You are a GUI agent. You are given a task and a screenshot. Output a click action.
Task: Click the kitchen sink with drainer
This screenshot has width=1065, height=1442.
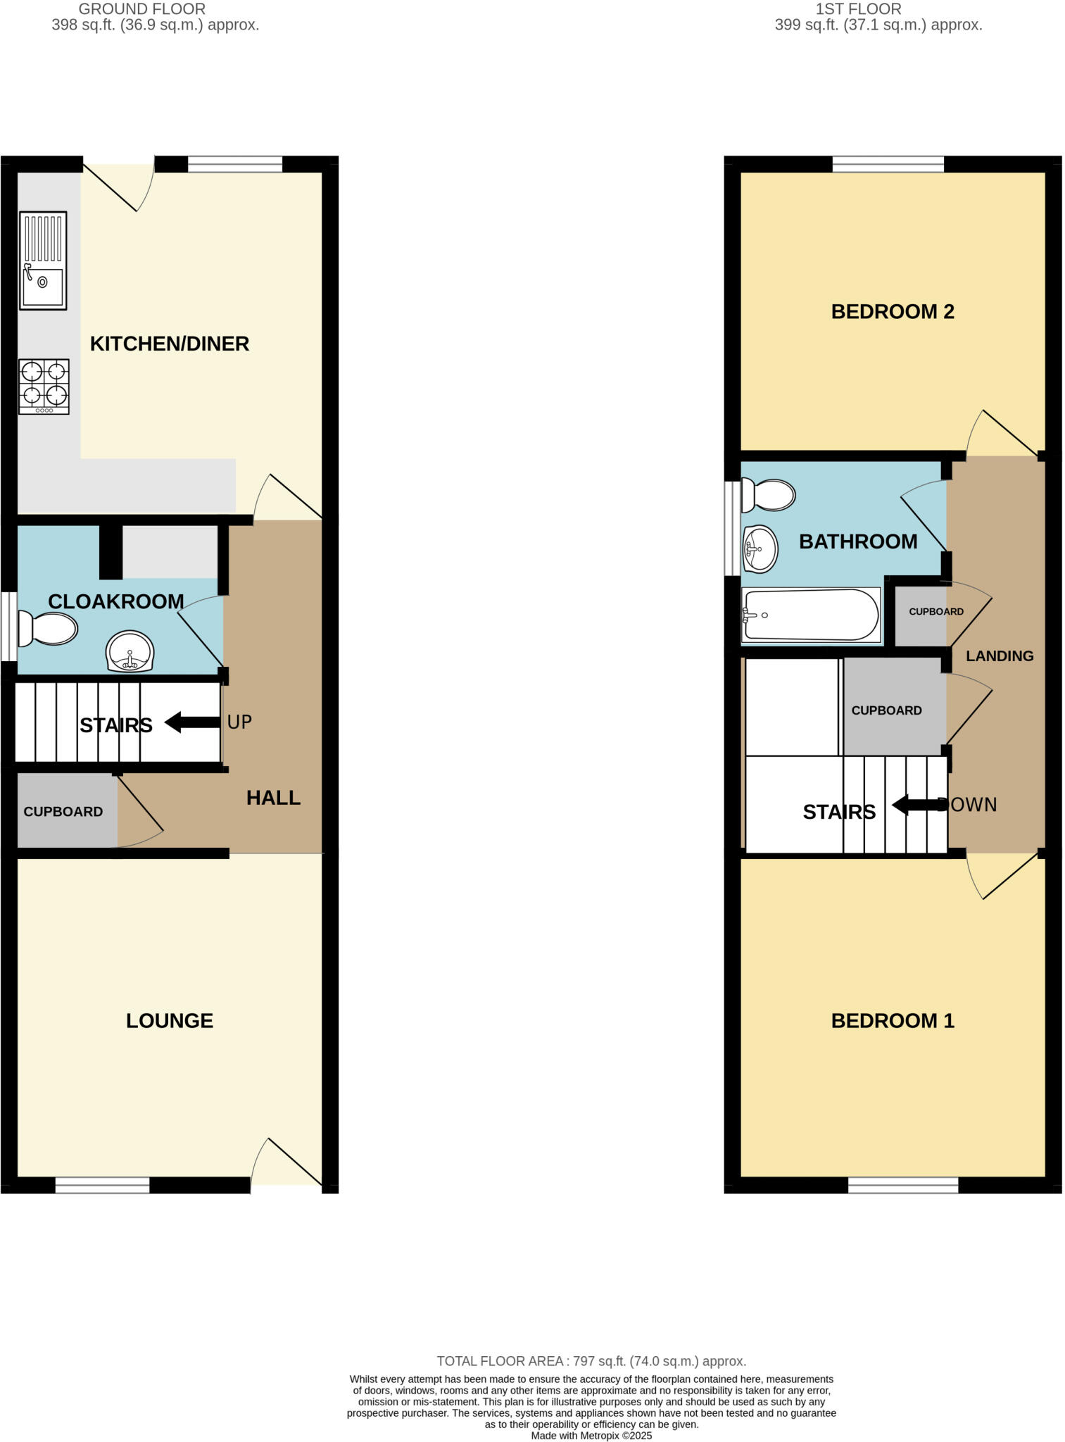tap(43, 261)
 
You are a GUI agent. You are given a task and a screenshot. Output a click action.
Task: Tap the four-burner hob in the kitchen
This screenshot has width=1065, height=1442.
tap(44, 387)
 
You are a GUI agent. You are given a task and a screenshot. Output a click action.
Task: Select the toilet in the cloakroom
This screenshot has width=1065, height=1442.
tap(48, 628)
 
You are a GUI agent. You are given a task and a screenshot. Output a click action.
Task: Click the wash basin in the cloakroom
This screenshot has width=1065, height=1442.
tap(130, 650)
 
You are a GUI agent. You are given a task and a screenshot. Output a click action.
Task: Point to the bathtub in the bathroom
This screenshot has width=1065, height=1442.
tap(811, 615)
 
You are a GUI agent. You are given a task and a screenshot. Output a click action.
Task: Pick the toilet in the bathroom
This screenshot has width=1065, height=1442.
tap(769, 495)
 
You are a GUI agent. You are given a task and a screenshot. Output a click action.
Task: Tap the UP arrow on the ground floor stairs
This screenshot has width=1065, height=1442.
tap(192, 722)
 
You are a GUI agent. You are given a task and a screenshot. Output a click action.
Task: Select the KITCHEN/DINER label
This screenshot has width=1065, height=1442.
tap(170, 344)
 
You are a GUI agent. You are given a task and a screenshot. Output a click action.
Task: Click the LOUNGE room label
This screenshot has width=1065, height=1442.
tap(170, 1021)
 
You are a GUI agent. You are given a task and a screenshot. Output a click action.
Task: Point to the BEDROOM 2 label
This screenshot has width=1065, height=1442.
tap(893, 312)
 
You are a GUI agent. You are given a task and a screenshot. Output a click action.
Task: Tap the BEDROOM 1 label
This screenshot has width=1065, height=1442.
tap(893, 1021)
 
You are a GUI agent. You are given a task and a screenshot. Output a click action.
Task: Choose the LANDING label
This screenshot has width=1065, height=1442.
tap(1000, 656)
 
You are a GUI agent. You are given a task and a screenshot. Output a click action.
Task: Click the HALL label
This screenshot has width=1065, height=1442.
tap(273, 798)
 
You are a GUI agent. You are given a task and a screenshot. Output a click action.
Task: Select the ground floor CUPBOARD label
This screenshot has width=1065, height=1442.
tap(63, 812)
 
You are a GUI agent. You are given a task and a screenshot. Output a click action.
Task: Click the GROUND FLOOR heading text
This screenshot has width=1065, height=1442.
tap(142, 9)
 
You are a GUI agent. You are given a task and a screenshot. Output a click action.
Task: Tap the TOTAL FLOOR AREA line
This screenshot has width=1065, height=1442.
tap(591, 1361)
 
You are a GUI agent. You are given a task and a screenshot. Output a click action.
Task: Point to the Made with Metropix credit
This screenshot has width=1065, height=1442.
tap(591, 1436)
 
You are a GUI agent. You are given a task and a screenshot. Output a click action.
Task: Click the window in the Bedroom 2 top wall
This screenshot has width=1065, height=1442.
tap(888, 165)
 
